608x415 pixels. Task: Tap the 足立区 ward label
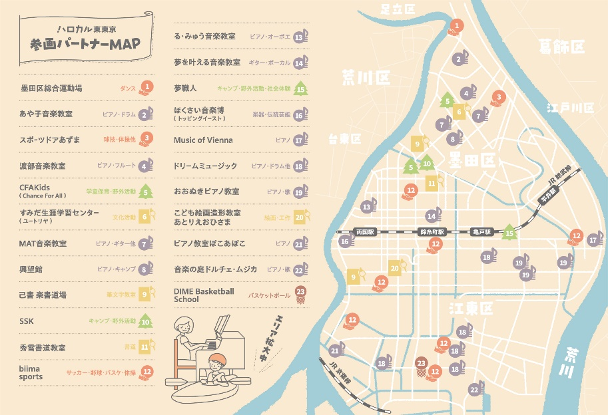[x=398, y=9]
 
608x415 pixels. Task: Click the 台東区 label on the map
[x=344, y=139]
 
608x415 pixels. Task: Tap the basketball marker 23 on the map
[x=421, y=364]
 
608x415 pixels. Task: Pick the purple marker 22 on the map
[x=474, y=389]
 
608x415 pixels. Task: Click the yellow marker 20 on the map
[x=395, y=268]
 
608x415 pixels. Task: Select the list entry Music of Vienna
[x=203, y=140]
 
